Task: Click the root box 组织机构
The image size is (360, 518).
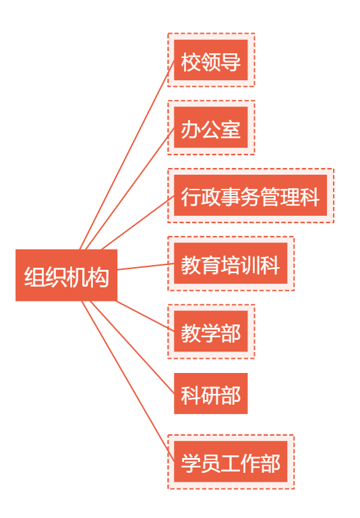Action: click(66, 275)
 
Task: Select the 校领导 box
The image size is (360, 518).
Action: click(211, 60)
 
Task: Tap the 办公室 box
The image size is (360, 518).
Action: click(211, 127)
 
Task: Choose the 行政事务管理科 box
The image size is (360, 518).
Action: click(250, 196)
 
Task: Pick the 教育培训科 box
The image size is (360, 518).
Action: click(231, 264)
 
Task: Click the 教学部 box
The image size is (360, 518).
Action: click(211, 331)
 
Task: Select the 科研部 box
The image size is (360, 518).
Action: click(211, 393)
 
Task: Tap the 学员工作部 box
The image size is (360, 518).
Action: click(231, 461)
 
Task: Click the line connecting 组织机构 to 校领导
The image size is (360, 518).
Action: click(127, 154)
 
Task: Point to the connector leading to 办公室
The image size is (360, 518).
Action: click(130, 188)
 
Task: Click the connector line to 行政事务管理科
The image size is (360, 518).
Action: click(138, 223)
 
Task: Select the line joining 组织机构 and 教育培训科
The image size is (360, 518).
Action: click(146, 266)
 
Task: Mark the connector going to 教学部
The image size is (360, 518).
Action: click(145, 316)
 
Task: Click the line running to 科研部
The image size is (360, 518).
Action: click(132, 347)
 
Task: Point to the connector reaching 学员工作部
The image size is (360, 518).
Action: click(128, 381)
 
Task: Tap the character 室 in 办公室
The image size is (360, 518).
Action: click(231, 129)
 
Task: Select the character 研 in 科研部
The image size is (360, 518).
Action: click(211, 395)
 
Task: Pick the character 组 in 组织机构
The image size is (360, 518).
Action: click(34, 277)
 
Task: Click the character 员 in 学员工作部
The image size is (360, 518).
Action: click(211, 463)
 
